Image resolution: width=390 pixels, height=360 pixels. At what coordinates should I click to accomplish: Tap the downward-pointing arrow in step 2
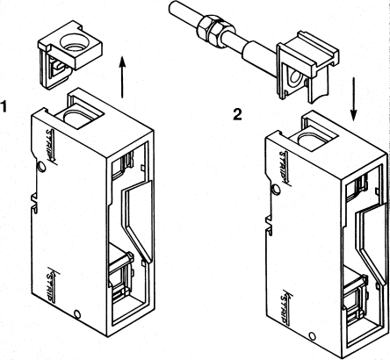coord(352,102)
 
